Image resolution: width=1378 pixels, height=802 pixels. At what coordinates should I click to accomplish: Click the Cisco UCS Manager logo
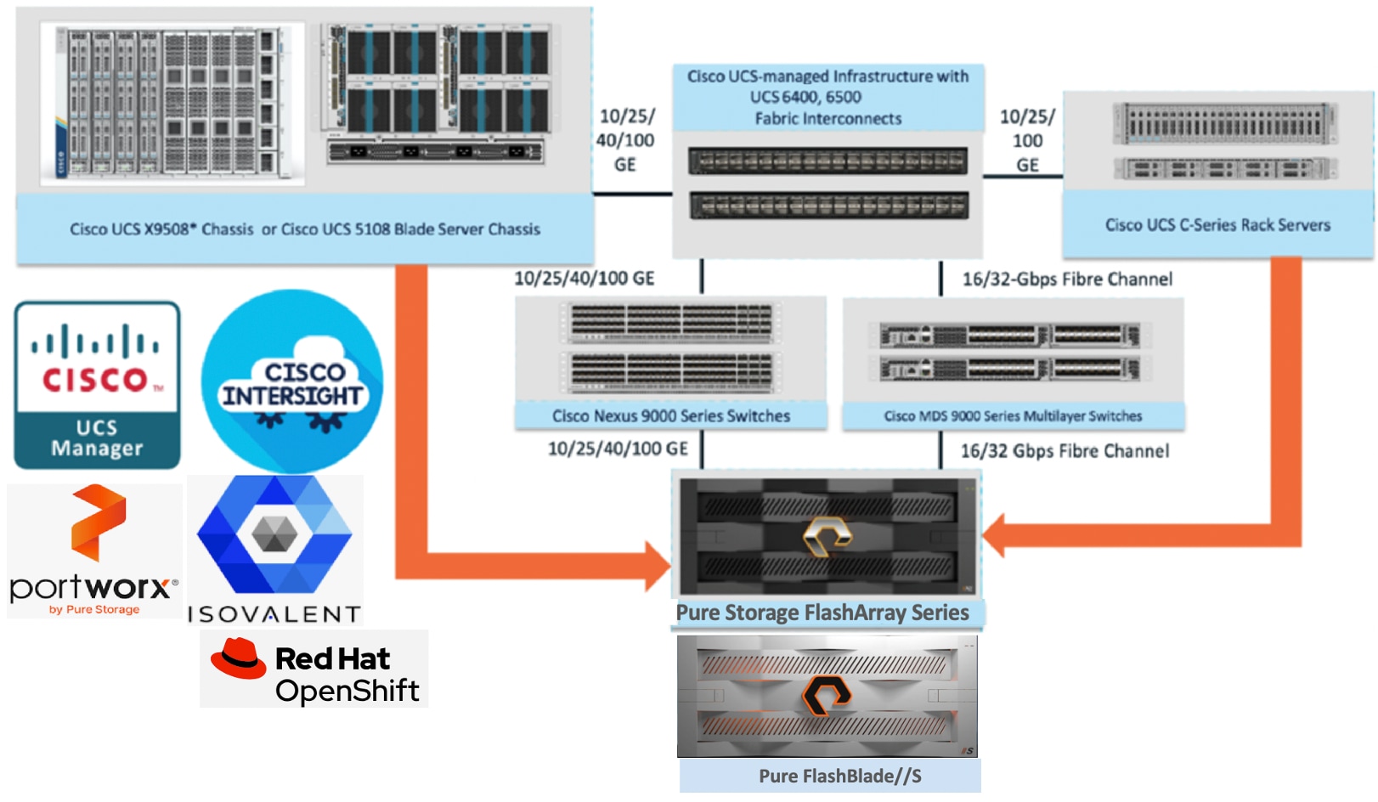[x=97, y=384]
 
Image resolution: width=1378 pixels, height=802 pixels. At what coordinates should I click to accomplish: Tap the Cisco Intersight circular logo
[x=291, y=381]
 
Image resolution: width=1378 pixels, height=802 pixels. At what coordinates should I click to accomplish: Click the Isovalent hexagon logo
[x=274, y=534]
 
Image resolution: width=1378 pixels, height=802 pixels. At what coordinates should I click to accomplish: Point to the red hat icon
[x=238, y=658]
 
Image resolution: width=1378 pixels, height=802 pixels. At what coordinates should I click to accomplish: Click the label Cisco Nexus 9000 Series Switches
[x=670, y=415]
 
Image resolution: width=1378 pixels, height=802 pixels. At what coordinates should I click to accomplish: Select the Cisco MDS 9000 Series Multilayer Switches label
[x=1013, y=415]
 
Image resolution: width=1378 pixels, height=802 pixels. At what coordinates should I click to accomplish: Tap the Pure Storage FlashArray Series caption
[x=822, y=613]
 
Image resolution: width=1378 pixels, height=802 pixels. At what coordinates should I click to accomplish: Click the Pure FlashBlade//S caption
[x=839, y=776]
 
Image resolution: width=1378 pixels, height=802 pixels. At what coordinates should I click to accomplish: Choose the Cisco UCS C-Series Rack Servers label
[x=1217, y=225]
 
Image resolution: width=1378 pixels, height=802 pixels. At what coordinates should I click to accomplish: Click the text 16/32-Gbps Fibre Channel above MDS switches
[x=1067, y=279]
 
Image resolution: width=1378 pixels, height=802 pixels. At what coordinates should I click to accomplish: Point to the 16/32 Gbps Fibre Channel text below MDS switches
[x=1065, y=451]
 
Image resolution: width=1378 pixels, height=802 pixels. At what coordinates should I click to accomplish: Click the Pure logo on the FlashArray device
[x=827, y=536]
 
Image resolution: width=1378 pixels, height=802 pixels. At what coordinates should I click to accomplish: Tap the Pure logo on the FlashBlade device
[x=827, y=696]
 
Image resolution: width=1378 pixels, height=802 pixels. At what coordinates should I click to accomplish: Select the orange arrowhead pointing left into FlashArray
[x=994, y=535]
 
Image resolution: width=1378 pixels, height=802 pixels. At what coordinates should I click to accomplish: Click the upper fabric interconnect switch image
[x=827, y=161]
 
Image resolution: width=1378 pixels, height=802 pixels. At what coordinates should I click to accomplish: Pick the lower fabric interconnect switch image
[x=827, y=205]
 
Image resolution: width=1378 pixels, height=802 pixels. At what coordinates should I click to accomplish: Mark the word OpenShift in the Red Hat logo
[x=347, y=691]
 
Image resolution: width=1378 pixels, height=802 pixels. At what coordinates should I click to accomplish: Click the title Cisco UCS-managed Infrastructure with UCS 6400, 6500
[x=827, y=87]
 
